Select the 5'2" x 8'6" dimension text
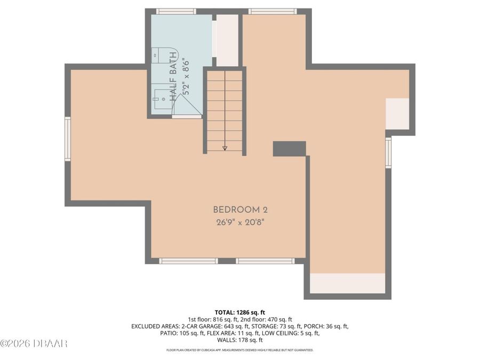186,76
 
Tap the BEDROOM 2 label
237,210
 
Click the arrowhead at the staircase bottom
225,148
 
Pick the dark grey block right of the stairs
289,149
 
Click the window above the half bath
176,11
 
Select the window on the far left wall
68,139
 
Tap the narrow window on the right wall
388,152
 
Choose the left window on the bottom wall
189,261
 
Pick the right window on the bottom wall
265,261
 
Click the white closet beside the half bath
227,40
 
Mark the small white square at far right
397,114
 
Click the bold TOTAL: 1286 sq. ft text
239,312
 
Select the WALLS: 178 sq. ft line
239,340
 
